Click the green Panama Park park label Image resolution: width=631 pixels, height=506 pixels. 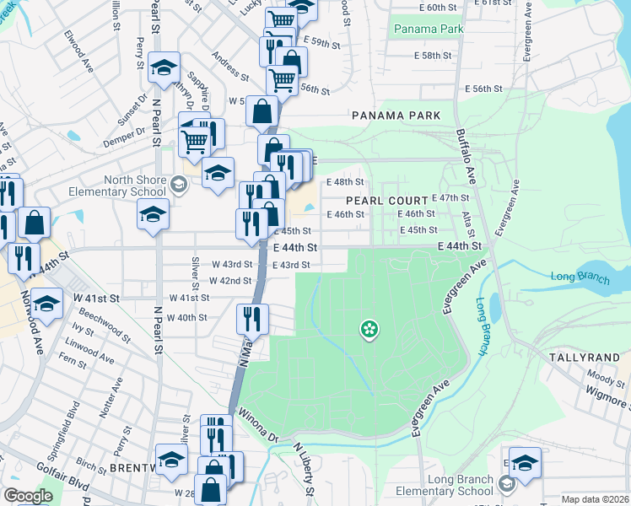[429, 29]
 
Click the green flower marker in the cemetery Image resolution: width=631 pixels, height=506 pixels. [369, 329]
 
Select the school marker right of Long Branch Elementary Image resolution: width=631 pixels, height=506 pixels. [525, 463]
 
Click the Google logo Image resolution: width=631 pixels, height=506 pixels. [28, 496]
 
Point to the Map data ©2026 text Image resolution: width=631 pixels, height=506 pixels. [595, 499]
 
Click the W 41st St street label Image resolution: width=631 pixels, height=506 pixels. [188, 298]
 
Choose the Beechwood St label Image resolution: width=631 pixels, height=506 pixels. [101, 326]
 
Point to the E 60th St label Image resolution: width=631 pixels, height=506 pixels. [486, 7]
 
